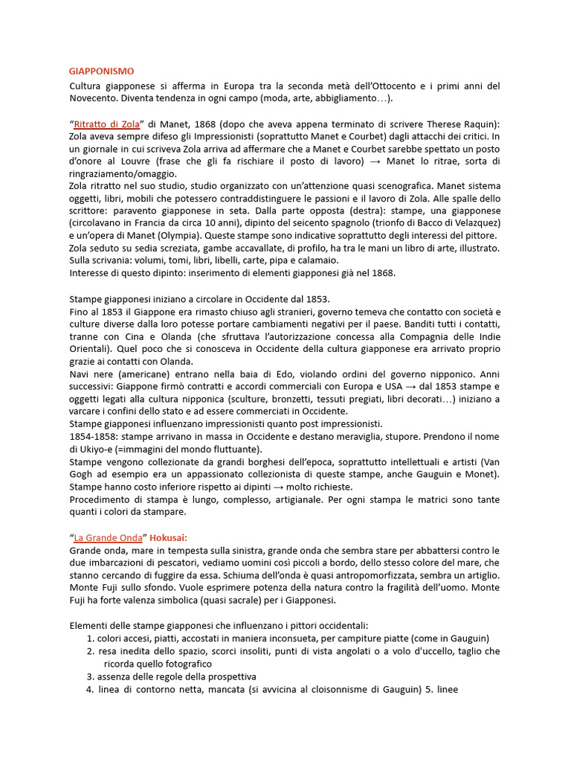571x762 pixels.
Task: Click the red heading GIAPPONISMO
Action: [x=102, y=71]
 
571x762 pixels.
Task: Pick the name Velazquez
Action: [x=474, y=223]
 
